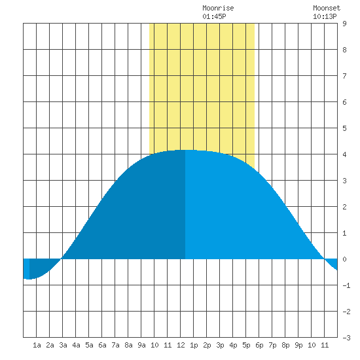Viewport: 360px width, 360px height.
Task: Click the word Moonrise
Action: point(218,8)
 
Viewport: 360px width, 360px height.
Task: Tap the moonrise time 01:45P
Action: point(214,16)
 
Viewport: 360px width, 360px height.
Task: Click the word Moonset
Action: point(327,8)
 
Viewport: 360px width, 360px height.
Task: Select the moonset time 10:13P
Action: point(325,16)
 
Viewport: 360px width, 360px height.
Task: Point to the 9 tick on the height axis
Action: point(344,24)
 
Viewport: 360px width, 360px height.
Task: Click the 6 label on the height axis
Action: point(344,102)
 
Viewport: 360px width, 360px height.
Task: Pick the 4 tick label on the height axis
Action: point(344,154)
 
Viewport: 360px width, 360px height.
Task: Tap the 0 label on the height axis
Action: point(344,259)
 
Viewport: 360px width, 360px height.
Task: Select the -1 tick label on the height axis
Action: point(346,285)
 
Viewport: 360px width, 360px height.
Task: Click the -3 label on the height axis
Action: point(346,338)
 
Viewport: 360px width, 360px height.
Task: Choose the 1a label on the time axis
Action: point(37,345)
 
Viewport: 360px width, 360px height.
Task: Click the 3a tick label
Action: point(63,345)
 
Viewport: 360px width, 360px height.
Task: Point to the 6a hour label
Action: point(102,345)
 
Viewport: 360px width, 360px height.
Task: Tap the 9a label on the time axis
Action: point(141,345)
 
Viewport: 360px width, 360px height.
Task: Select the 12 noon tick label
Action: point(181,345)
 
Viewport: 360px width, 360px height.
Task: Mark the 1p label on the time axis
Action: point(194,345)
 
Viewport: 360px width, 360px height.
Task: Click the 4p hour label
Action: point(233,345)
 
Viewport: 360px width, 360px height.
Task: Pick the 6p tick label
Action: point(259,345)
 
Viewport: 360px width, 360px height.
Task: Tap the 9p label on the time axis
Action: point(298,345)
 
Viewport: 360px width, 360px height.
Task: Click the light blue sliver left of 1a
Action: point(26,268)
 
